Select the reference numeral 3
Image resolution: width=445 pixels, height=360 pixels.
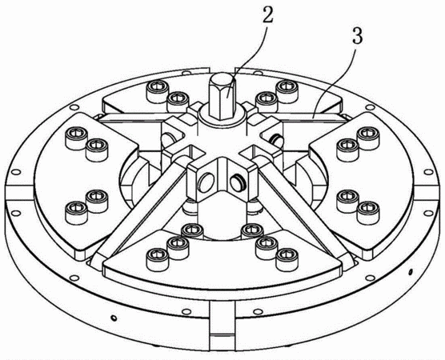click(x=357, y=35)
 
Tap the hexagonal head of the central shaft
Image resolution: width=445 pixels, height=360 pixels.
click(x=222, y=97)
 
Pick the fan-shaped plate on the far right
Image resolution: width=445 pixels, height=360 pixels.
click(x=363, y=182)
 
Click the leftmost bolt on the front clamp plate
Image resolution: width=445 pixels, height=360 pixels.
click(x=156, y=259)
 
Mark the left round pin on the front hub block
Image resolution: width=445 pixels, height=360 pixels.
click(x=206, y=181)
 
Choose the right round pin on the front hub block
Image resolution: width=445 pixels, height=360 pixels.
click(x=239, y=182)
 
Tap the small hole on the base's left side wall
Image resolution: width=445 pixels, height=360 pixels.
click(x=114, y=318)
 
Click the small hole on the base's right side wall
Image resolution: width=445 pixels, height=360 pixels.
click(x=410, y=272)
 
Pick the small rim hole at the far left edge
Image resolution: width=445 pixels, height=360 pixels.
click(x=16, y=172)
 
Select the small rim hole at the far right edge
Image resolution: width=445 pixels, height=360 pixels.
click(x=428, y=172)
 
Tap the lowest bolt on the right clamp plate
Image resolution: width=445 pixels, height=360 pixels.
click(x=368, y=213)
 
